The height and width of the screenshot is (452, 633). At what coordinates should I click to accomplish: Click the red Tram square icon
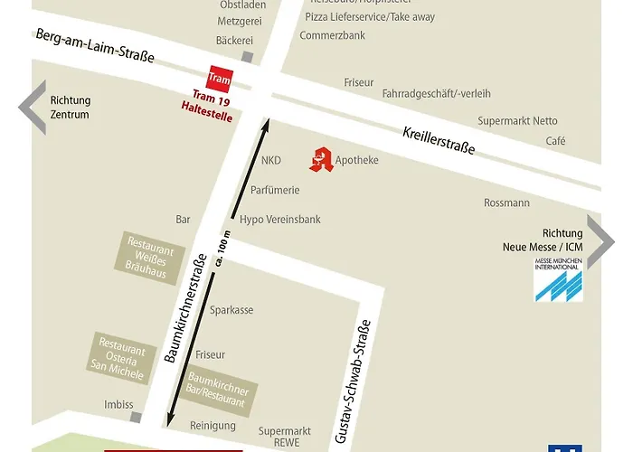tap(221, 80)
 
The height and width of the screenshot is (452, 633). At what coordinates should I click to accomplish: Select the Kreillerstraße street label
tap(439, 140)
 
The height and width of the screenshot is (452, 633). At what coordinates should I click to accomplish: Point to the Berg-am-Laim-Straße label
tap(95, 45)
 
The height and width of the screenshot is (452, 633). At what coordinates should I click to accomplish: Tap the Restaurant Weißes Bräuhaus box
tap(150, 255)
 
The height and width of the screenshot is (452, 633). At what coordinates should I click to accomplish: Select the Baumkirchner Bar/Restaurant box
tap(218, 390)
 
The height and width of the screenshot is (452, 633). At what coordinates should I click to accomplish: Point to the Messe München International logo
tap(558, 280)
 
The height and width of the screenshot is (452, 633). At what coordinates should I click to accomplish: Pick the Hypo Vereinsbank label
tap(279, 220)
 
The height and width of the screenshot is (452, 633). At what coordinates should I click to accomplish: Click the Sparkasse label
tap(231, 310)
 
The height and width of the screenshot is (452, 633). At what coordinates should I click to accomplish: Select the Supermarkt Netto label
tap(518, 121)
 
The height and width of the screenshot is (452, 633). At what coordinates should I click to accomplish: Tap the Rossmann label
tap(506, 203)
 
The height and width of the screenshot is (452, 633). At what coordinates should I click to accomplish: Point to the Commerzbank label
tap(333, 35)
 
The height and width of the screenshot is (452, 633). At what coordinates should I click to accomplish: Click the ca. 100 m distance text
tap(222, 249)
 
